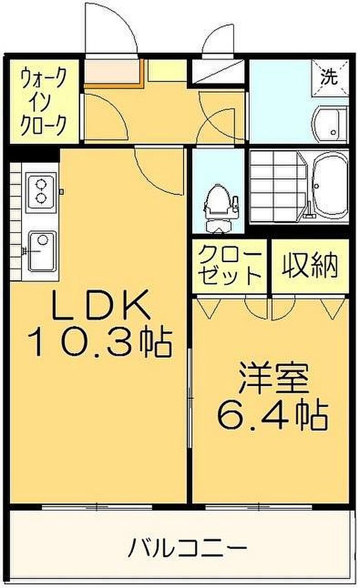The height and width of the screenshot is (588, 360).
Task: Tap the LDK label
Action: click(99, 306)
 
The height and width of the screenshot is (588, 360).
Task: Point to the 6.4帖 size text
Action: click(273, 415)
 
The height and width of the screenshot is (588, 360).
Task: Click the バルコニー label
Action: click(187, 549)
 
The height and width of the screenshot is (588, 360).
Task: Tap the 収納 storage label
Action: click(311, 266)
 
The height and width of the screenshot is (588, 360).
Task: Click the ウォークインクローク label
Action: click(44, 102)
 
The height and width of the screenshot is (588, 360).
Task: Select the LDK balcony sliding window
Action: click(97, 507)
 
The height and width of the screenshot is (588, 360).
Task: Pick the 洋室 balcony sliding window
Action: click(259, 507)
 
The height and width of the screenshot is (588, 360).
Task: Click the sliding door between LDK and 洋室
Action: click(190, 379)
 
